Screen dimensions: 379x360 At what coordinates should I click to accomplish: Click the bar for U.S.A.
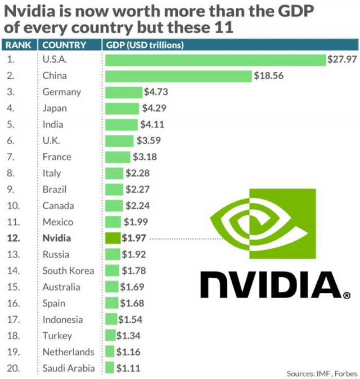(x=215, y=60)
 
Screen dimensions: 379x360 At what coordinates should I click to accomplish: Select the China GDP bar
(x=178, y=76)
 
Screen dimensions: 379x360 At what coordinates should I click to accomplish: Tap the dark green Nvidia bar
(x=113, y=238)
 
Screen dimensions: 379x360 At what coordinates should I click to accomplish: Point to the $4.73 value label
(x=156, y=92)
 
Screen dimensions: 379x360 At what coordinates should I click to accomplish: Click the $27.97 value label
(x=342, y=60)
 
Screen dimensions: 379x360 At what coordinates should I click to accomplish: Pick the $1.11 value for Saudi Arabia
(x=128, y=368)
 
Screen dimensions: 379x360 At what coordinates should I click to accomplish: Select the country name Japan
(x=55, y=108)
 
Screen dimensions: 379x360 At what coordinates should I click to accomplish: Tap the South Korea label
(x=68, y=270)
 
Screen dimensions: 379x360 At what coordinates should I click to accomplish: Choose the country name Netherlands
(x=69, y=352)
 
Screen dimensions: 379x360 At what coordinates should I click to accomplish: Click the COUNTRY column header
(x=64, y=45)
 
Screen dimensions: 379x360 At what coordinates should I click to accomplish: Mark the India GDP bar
(x=121, y=124)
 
